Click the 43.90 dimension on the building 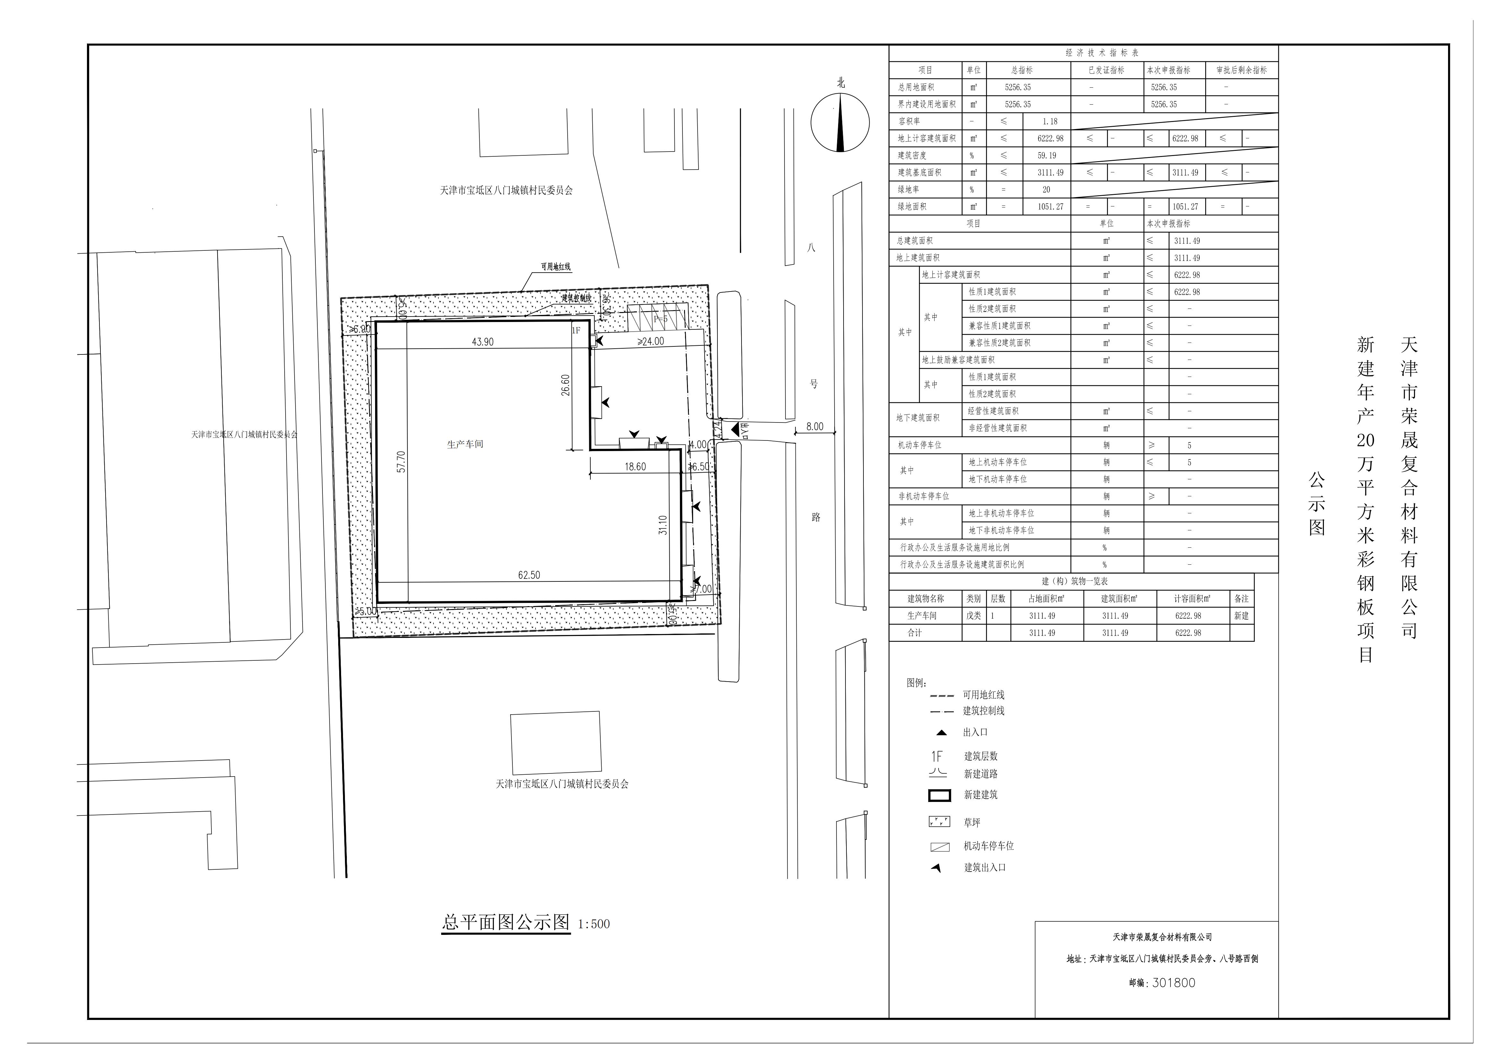point(483,342)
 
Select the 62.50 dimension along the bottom point(529,576)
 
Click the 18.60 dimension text point(635,467)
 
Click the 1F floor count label point(576,331)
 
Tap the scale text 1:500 point(594,924)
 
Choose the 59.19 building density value point(1047,156)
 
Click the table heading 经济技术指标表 point(1102,53)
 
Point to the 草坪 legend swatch point(939,822)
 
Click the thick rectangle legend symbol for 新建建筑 point(939,795)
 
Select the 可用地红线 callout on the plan point(555,267)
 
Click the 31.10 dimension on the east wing point(663,525)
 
